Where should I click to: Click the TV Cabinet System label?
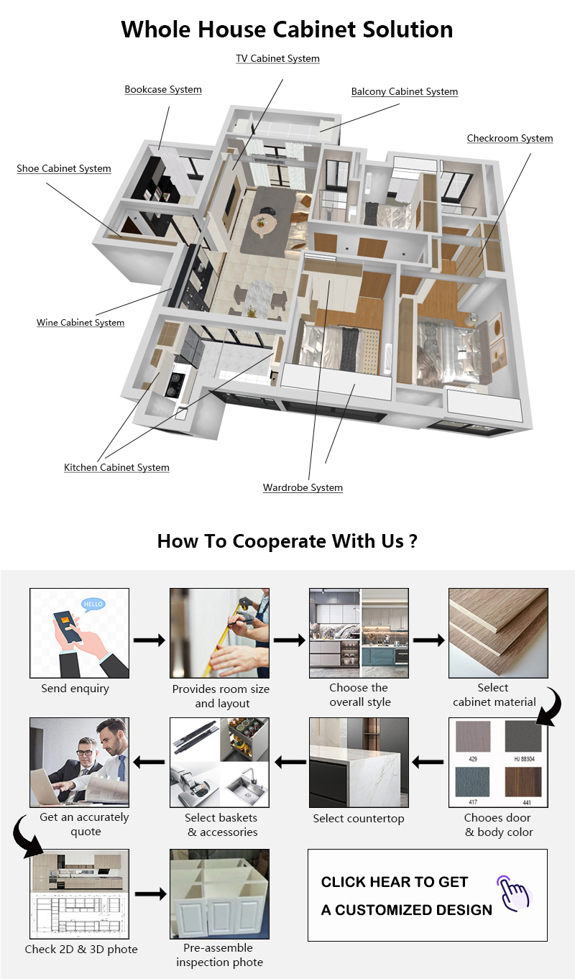tap(278, 58)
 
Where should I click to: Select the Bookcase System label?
tap(163, 89)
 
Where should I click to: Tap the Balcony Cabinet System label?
tap(405, 91)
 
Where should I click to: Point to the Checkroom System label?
tap(510, 138)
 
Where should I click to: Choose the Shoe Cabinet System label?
tap(64, 168)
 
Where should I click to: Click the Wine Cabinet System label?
tap(80, 322)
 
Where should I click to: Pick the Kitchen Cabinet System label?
tap(116, 467)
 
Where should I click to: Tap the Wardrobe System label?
tap(303, 487)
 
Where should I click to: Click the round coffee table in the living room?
tap(264, 224)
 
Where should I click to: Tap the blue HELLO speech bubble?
tap(93, 605)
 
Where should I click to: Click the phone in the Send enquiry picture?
tap(67, 627)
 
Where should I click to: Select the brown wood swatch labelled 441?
tap(523, 782)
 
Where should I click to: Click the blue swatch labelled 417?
tap(472, 782)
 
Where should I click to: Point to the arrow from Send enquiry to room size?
tap(149, 640)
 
